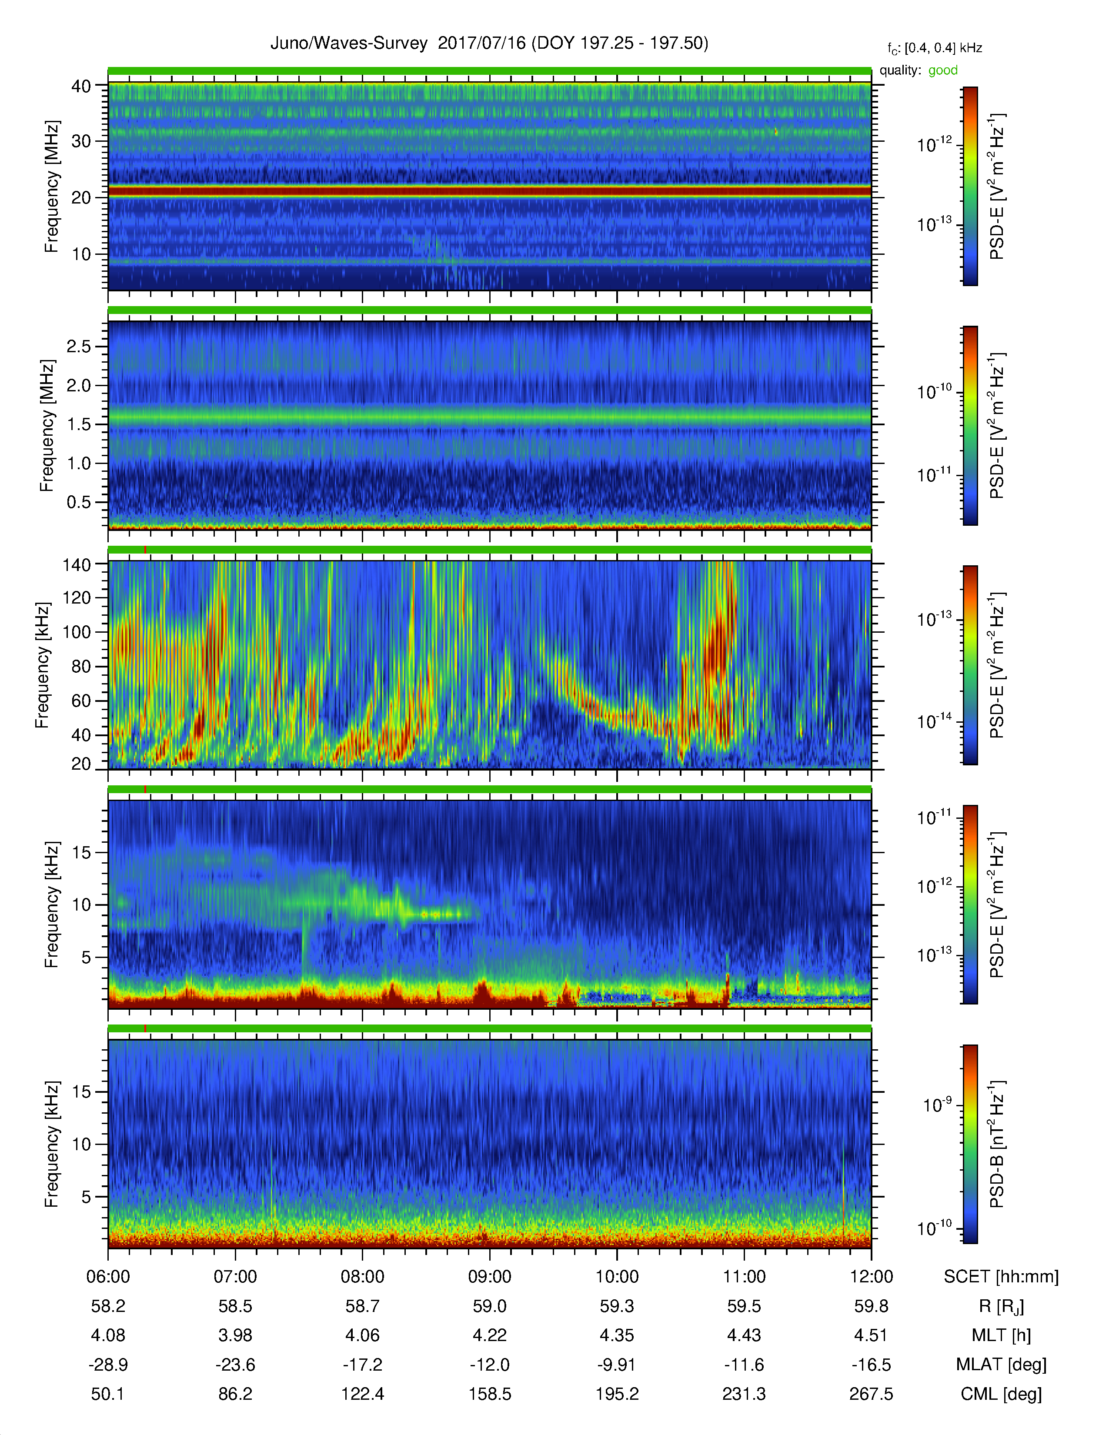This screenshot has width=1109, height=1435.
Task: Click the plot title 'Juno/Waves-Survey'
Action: tap(349, 43)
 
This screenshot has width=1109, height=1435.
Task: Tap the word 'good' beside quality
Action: tap(943, 70)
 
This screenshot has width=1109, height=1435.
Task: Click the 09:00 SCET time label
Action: tap(489, 1277)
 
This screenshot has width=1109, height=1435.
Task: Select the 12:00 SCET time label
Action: tap(871, 1277)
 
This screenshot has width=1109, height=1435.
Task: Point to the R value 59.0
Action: tap(489, 1306)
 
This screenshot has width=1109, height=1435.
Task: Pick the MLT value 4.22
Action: tap(489, 1335)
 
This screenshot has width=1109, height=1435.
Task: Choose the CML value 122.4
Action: tap(363, 1394)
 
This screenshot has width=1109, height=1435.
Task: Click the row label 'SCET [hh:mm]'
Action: tap(1001, 1277)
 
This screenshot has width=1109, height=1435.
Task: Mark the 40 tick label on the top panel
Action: tap(81, 86)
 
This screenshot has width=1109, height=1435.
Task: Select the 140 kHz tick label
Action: tap(76, 564)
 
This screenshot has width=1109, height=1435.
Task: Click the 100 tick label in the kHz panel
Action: tap(76, 632)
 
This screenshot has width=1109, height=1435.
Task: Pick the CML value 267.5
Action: tap(871, 1394)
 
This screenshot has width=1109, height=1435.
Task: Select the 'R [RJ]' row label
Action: tap(1001, 1307)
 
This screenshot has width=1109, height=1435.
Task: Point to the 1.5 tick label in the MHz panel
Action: tap(79, 424)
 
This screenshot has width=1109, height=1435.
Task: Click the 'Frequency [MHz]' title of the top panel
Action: tap(52, 187)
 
